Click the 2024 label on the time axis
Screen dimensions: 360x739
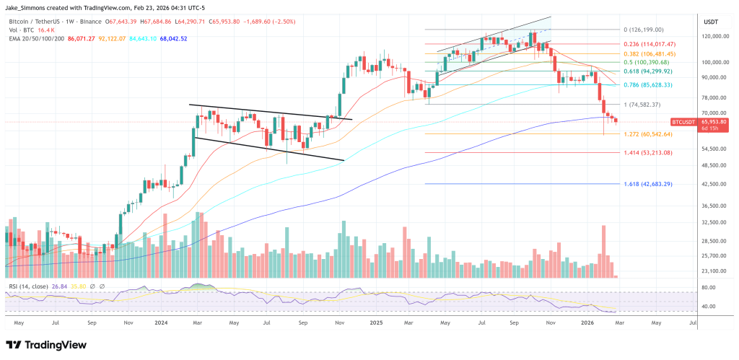tap(161, 322)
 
